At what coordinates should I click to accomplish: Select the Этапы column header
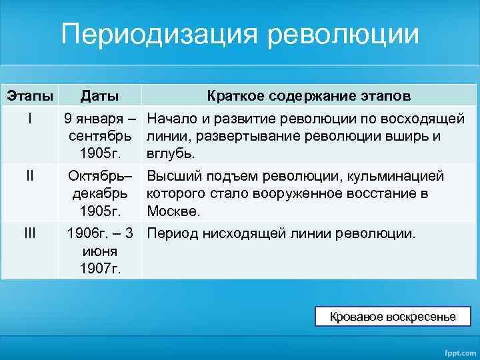[29, 96]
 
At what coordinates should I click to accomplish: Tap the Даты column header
[99, 96]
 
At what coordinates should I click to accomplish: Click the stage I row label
[29, 119]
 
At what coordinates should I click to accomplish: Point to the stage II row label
[29, 176]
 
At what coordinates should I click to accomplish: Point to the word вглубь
[170, 153]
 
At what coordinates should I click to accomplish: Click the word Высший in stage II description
[172, 177]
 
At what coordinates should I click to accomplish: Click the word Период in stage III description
[171, 233]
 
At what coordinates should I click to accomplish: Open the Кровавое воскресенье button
[393, 317]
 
